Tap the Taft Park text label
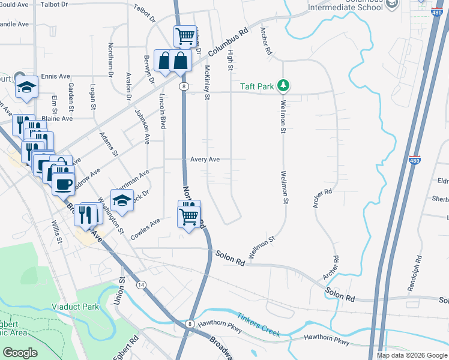click(258, 86)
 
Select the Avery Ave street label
click(205, 160)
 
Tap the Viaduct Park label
click(74, 307)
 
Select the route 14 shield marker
click(142, 284)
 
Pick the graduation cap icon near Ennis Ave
click(26, 86)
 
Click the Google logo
click(20, 353)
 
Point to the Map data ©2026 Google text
click(411, 355)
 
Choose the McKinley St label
click(208, 83)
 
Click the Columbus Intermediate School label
click(345, 6)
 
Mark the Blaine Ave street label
click(57, 119)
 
